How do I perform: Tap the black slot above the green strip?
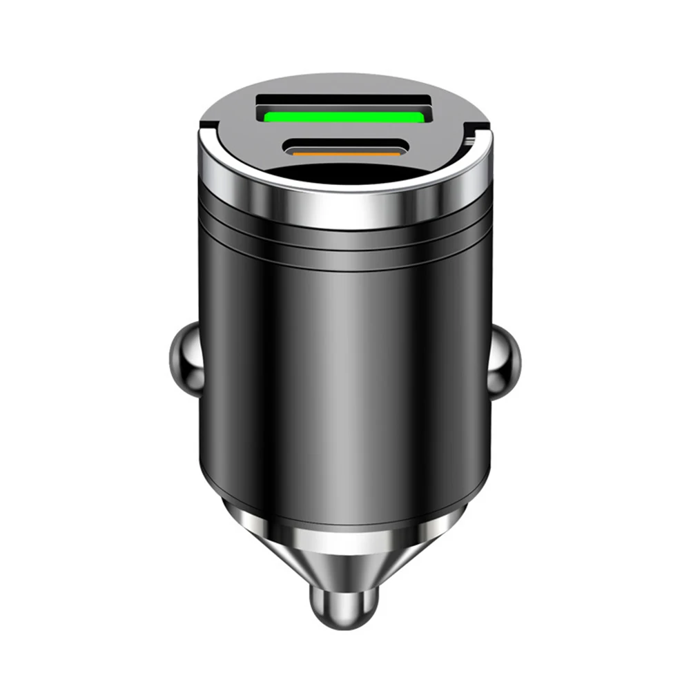click(343, 103)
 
